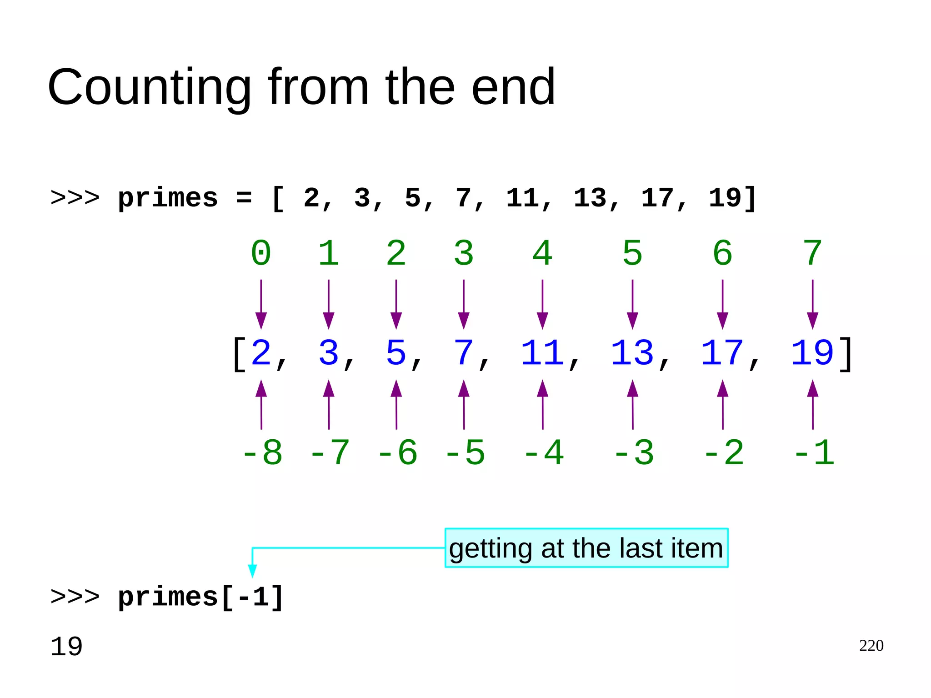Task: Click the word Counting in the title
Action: coord(149,87)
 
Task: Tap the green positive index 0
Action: coord(261,253)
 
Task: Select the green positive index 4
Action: coord(542,253)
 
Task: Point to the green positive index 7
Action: coord(812,253)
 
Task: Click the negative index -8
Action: coord(262,453)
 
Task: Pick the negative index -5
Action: coord(465,453)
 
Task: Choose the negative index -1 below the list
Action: coord(814,453)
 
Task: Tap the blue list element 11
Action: coord(542,353)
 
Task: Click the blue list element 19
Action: coord(812,353)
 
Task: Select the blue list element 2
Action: coord(261,353)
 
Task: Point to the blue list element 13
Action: coord(632,353)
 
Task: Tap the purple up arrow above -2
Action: coord(722,405)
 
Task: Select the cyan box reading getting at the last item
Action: coord(586,548)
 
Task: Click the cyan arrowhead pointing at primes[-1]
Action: coord(253,571)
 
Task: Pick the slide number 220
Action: coord(871,646)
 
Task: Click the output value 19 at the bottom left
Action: coord(66,647)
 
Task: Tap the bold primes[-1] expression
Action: coord(201,597)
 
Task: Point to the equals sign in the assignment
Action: coord(244,199)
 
